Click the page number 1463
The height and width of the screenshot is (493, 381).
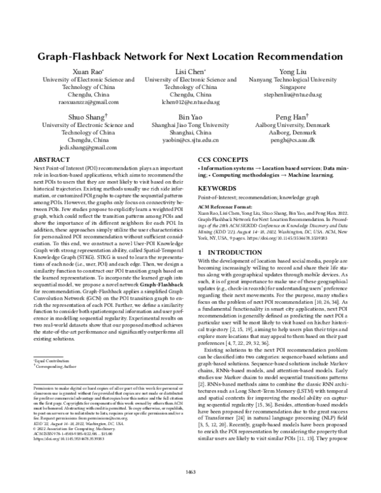click(x=190, y=472)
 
